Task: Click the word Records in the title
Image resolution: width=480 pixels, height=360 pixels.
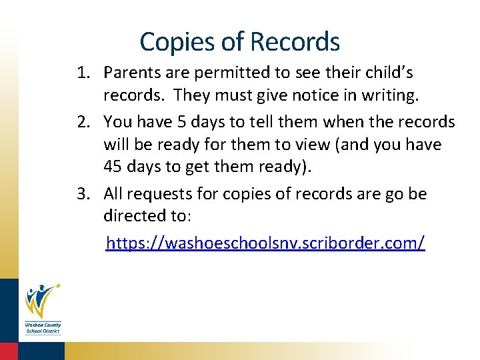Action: pyautogui.click(x=295, y=42)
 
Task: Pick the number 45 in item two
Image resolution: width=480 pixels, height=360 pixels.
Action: pyautogui.click(x=113, y=167)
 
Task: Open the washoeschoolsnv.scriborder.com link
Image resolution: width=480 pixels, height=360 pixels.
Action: pyautogui.click(x=265, y=242)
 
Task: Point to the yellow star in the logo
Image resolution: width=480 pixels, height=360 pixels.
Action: pyautogui.click(x=58, y=286)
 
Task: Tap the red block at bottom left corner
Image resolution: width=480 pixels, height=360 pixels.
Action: pyautogui.click(x=9, y=351)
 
